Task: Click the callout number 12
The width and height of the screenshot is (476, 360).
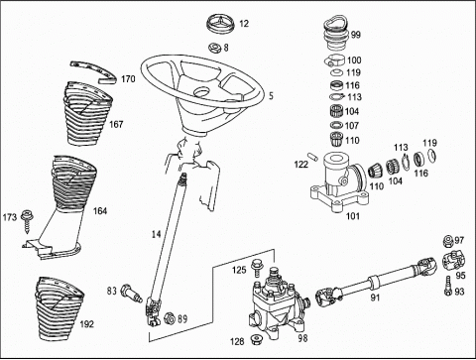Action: point(244,24)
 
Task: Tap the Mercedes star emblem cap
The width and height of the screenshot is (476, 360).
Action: point(220,23)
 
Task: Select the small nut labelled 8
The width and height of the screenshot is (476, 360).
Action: point(214,48)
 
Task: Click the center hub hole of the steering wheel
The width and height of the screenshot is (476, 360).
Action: point(202,92)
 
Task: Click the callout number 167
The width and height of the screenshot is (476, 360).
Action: point(116,125)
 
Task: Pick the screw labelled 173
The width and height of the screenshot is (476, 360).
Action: point(26,222)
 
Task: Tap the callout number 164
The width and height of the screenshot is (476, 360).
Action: point(100,211)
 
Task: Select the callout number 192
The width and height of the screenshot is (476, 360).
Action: point(86,324)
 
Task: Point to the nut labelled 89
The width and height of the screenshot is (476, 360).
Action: point(169,318)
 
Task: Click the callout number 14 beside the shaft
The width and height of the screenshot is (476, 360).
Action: point(156,234)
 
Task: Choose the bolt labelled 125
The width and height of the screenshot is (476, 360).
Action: point(256,268)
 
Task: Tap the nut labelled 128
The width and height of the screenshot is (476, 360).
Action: point(256,339)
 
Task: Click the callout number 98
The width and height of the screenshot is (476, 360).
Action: point(302,338)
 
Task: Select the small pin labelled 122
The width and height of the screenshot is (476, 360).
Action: point(312,156)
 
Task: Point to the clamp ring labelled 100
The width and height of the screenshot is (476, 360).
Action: point(334,60)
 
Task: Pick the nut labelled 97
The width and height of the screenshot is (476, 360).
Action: point(448,241)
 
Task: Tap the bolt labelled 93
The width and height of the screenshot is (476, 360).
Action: point(447,286)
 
